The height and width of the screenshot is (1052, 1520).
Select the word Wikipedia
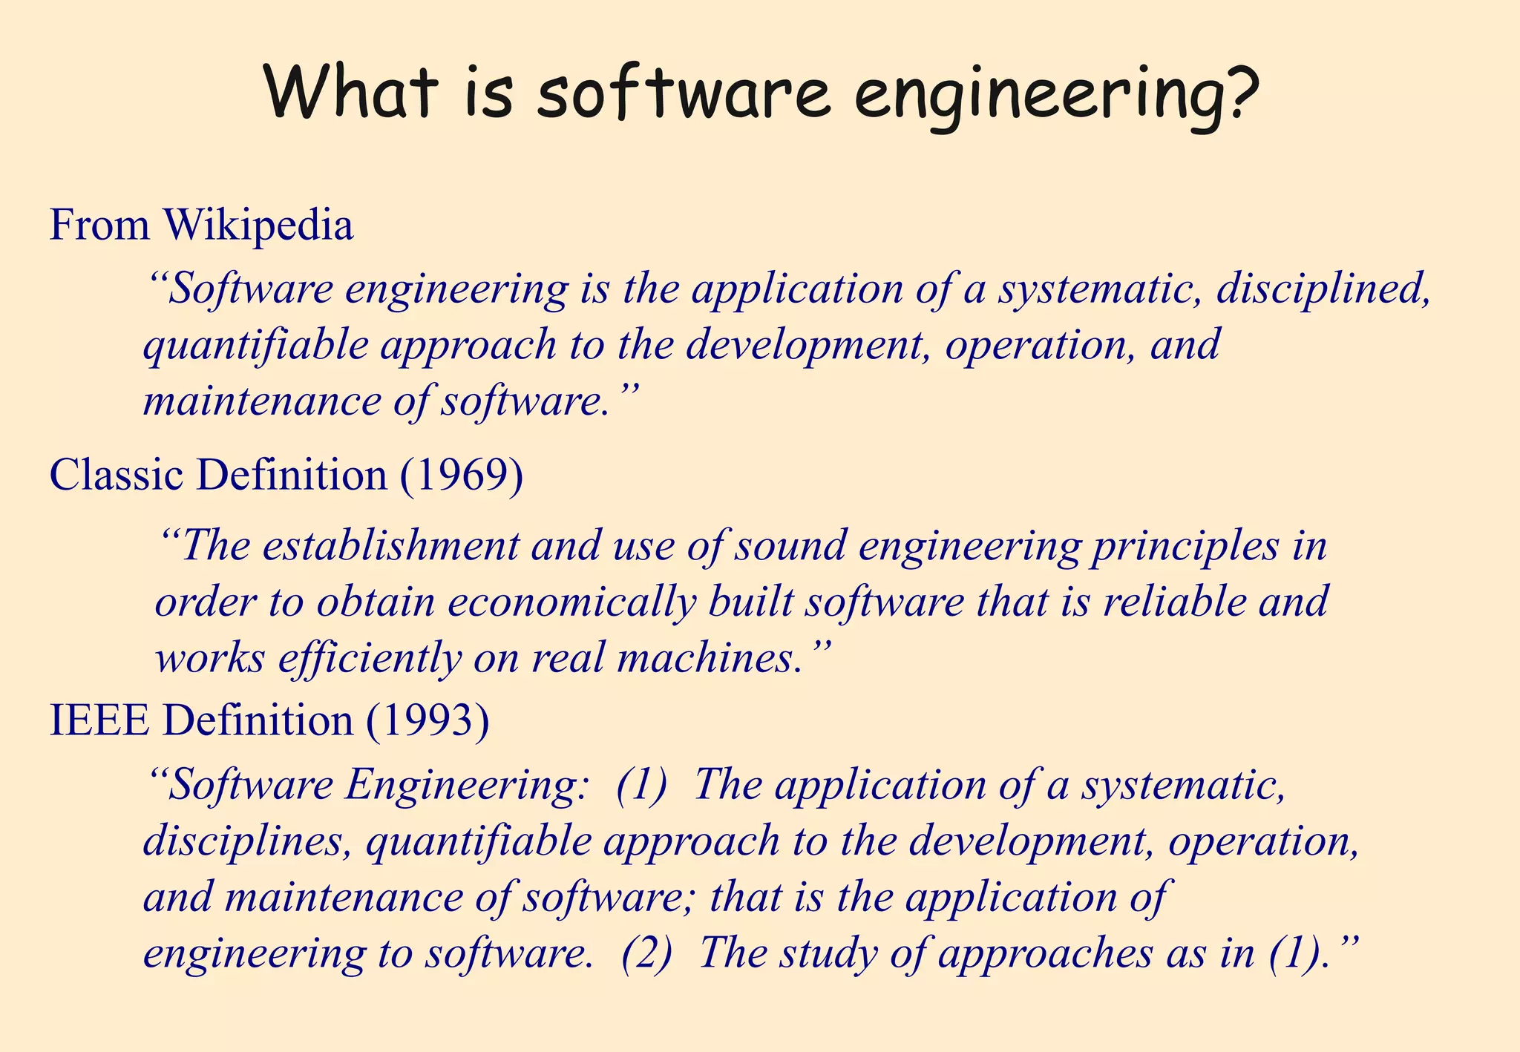click(258, 225)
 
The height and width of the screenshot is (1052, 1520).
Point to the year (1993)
click(428, 720)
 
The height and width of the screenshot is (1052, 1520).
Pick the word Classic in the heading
click(116, 475)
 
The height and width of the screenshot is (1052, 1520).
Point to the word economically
click(571, 602)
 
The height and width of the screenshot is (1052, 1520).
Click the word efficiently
click(370, 659)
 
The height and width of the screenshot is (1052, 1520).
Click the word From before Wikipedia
click(99, 225)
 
